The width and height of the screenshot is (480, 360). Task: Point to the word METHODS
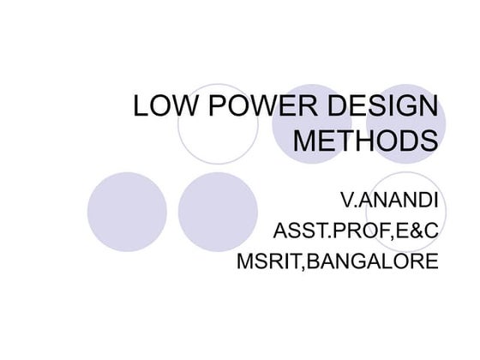[365, 141]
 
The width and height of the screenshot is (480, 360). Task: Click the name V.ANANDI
[388, 203]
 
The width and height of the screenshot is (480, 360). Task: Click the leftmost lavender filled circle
[127, 212]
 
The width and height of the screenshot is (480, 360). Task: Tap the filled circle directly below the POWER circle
[218, 212]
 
